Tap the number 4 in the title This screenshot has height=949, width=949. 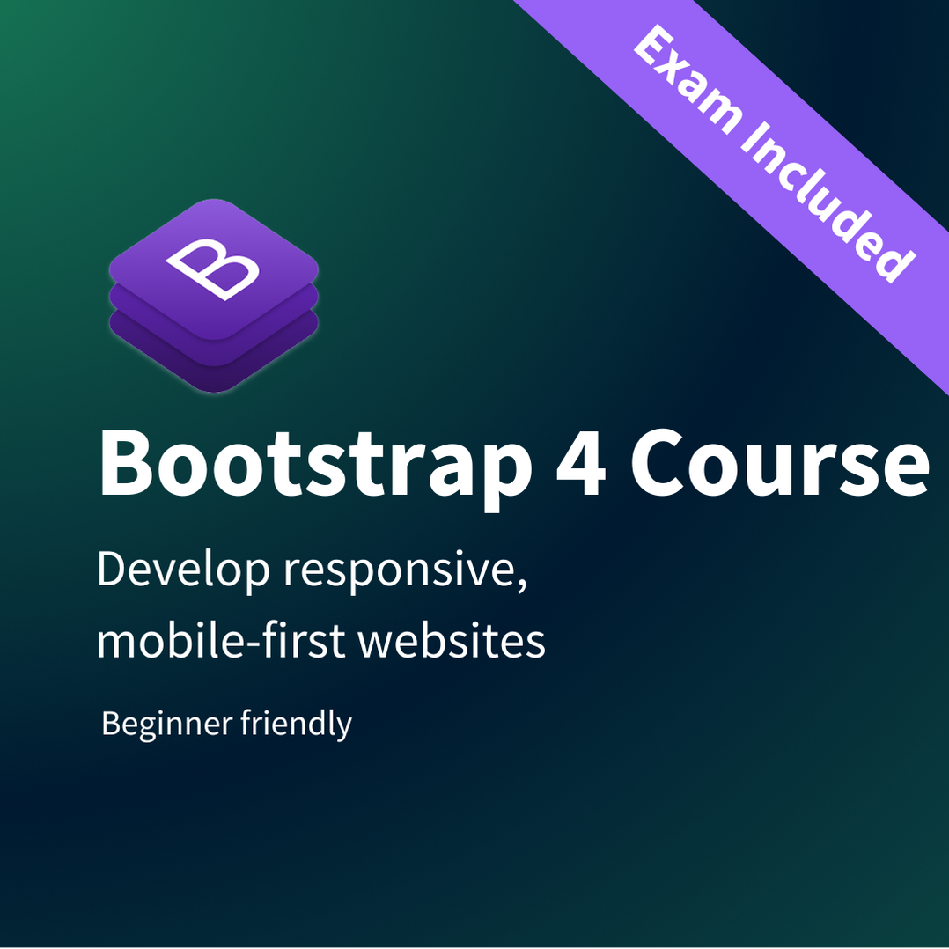[581, 462]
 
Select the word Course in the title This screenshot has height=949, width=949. [780, 462]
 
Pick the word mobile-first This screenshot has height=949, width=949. [221, 639]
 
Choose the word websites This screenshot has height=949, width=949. [452, 639]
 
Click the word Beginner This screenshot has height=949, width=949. [167, 724]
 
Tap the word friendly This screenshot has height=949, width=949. [296, 724]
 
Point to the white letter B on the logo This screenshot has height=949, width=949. [213, 269]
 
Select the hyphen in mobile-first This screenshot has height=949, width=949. [252, 644]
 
